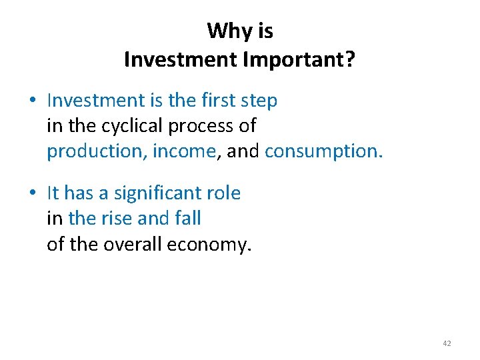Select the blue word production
click(96, 152)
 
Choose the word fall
click(187, 219)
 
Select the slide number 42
click(447, 343)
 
